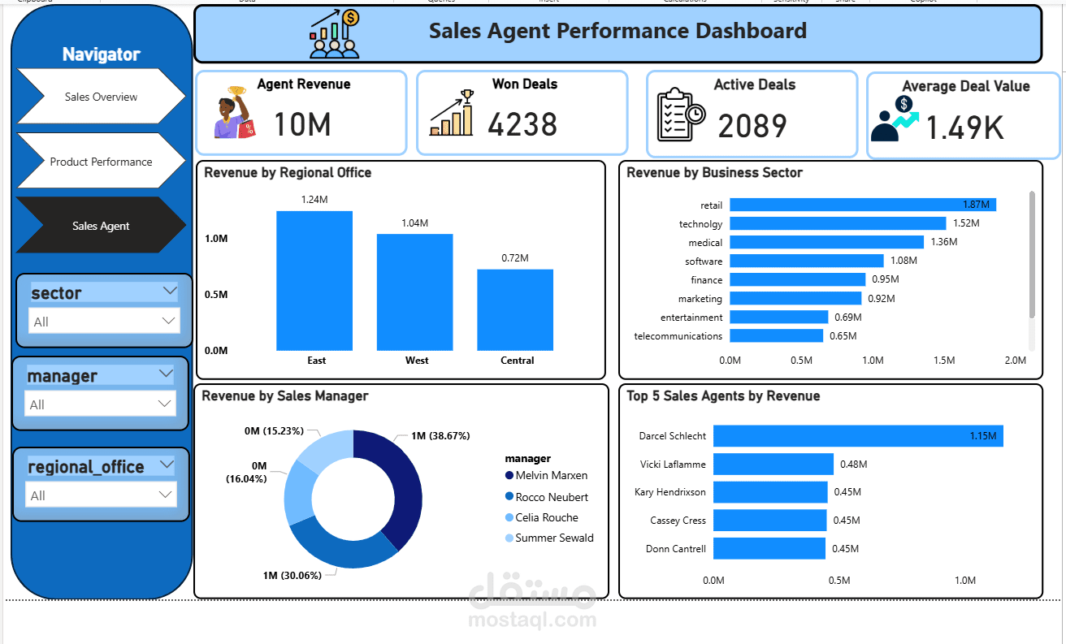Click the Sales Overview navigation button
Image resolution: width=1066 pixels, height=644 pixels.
pos(101,97)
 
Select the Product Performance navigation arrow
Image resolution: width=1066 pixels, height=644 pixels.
pos(101,162)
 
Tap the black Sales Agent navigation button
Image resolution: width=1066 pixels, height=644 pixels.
pos(101,226)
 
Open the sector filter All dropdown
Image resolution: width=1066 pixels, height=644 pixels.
pos(104,322)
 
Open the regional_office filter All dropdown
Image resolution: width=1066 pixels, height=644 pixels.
pos(101,495)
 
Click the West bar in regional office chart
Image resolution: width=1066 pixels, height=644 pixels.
pos(414,292)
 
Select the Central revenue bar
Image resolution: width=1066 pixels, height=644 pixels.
pos(515,310)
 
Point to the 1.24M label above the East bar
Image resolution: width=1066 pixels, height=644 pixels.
pos(314,199)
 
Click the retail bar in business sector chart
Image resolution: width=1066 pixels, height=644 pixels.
pos(863,205)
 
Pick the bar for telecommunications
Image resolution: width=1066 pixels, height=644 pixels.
pos(776,335)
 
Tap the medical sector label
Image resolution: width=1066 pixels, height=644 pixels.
pos(705,243)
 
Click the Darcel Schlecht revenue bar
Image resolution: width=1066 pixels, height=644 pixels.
pos(858,435)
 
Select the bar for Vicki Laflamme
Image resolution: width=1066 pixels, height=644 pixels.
pos(773,464)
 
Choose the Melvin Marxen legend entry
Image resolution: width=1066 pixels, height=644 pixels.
pos(546,475)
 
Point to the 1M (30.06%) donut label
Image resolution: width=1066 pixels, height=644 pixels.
pos(292,576)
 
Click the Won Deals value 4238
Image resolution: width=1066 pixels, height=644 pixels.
pos(522,124)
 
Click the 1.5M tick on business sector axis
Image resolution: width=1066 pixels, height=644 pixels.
pos(944,360)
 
